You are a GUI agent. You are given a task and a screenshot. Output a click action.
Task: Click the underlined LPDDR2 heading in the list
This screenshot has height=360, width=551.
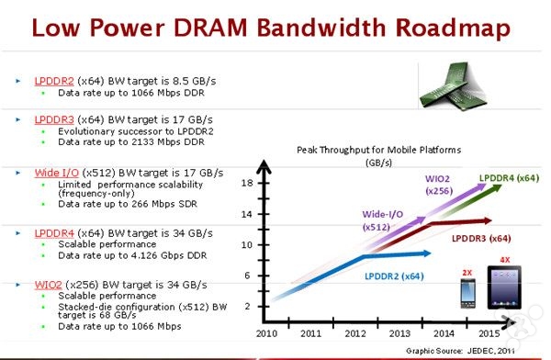(53, 81)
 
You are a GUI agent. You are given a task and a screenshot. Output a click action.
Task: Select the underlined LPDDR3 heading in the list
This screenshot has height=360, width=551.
(53, 119)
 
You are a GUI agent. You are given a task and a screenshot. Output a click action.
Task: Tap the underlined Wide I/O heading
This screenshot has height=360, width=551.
(54, 172)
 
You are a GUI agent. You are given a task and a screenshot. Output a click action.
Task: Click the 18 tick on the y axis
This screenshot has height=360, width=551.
(245, 184)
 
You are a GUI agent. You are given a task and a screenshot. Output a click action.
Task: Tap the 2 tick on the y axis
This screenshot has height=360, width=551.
(246, 306)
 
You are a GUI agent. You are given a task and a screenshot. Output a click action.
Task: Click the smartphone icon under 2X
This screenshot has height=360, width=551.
(466, 296)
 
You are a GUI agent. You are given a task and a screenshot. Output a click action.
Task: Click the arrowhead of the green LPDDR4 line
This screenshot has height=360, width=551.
(500, 187)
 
